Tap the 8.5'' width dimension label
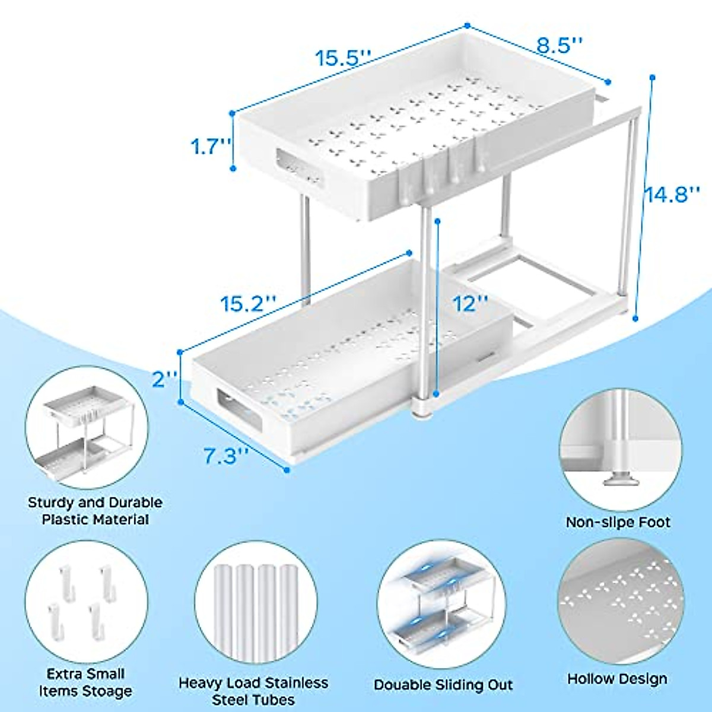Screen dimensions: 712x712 560,46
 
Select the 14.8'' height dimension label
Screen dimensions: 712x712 673,194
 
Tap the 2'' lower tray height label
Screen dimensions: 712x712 164,379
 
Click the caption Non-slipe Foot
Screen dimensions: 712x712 618,522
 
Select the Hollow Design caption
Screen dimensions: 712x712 617,679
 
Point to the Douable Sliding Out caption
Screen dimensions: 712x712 443,685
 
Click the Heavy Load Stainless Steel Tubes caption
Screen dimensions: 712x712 253,691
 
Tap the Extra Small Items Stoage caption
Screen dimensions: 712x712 85,682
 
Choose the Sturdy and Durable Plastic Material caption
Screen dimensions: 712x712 95,511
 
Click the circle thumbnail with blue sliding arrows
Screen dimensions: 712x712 442,603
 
